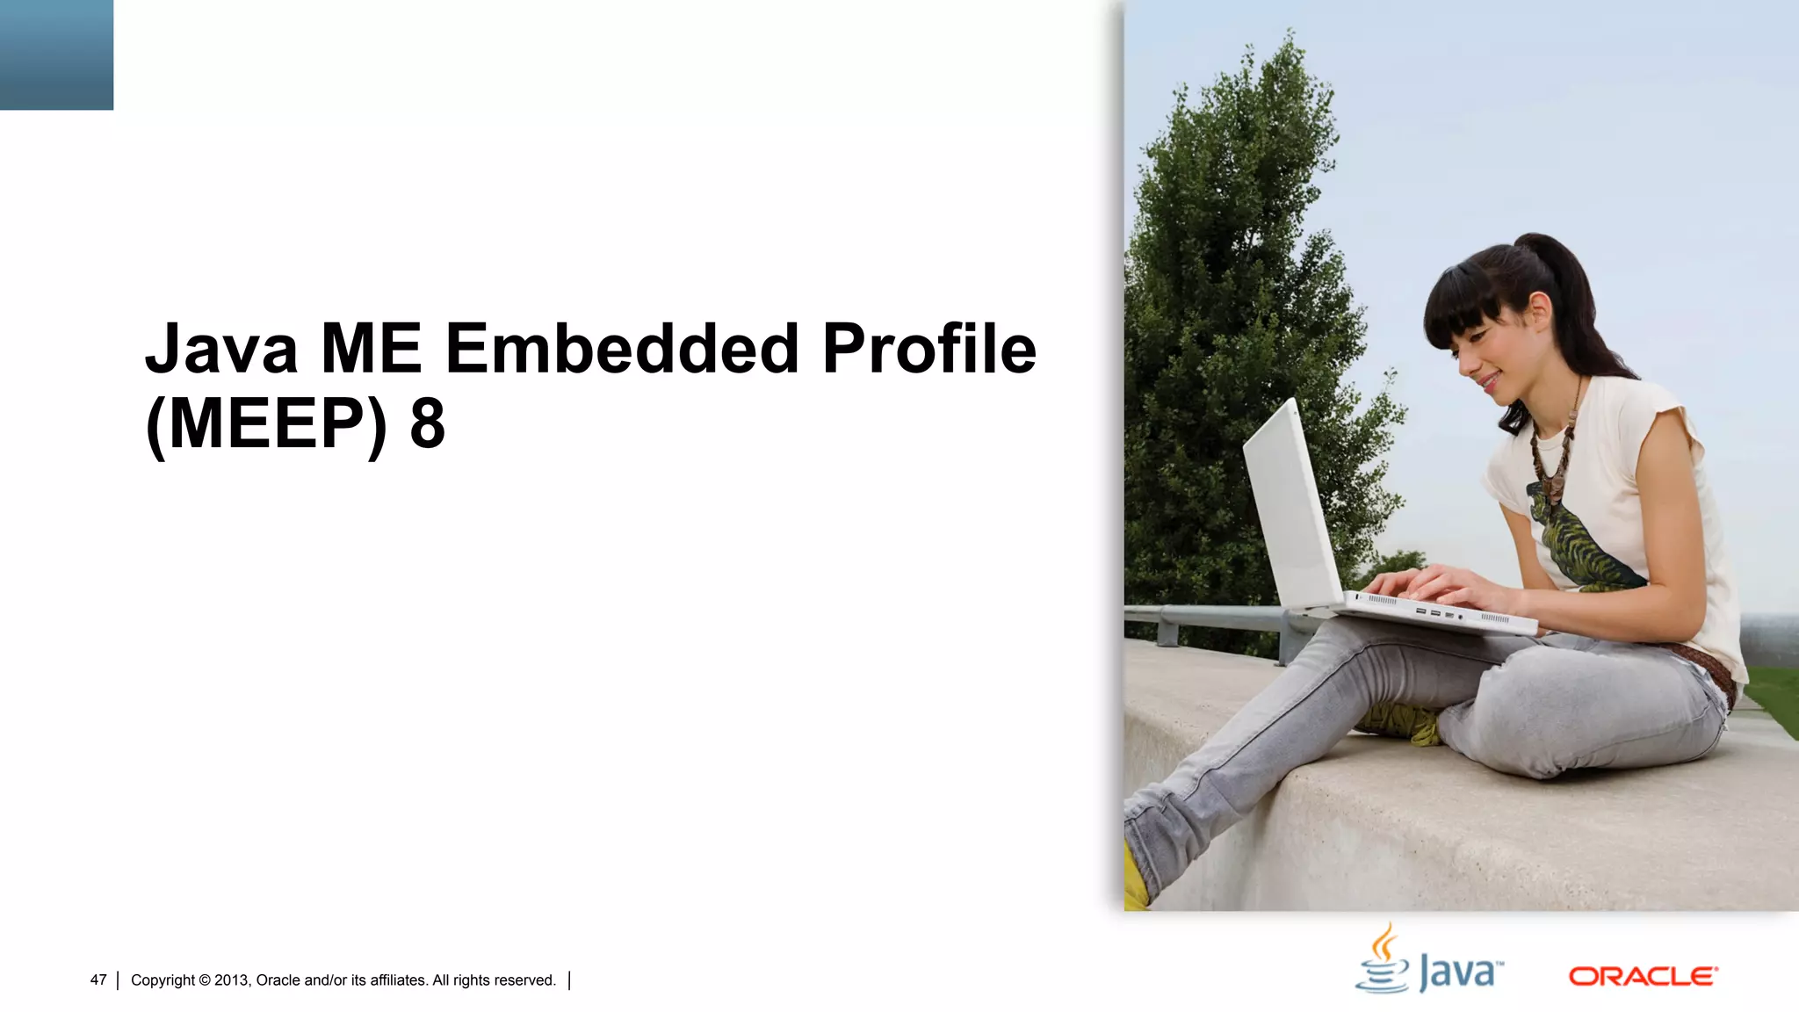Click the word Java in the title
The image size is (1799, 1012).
[221, 349]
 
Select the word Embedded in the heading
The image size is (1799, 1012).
[622, 349]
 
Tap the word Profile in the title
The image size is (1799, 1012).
[928, 349]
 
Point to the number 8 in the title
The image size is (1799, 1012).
[428, 424]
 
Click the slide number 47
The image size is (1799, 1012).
[98, 980]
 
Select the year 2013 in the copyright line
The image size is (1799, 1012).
[232, 980]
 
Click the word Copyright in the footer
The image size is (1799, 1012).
[163, 980]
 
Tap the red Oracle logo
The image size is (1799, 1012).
[1643, 977]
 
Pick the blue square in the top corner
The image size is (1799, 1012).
[56, 54]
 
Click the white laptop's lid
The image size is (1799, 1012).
[1291, 510]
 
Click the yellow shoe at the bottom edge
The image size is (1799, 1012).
[1135, 878]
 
